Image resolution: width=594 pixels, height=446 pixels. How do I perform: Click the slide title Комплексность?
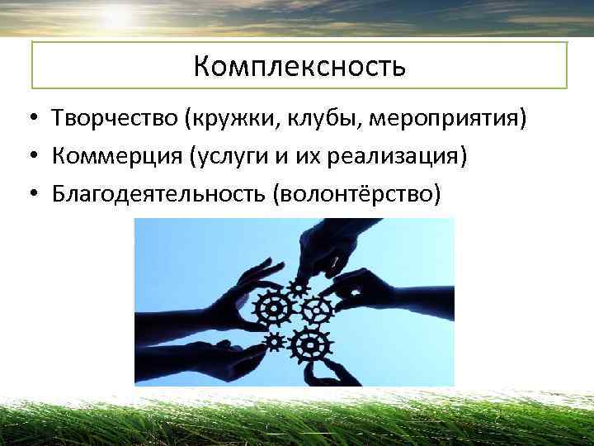(299, 65)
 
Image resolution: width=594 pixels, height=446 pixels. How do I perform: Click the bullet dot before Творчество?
(29, 120)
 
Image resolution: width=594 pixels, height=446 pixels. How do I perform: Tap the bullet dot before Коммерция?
(29, 157)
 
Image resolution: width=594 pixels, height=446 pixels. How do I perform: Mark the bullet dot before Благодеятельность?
(29, 193)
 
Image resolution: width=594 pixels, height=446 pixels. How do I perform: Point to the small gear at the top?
(297, 287)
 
